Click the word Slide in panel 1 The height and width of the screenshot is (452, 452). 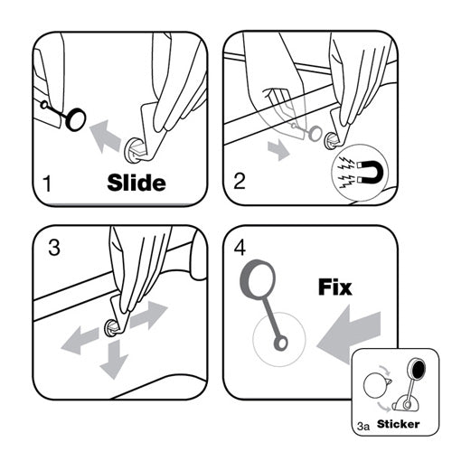tap(137, 183)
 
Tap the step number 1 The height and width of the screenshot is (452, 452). tap(47, 184)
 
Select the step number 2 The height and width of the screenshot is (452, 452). tap(240, 181)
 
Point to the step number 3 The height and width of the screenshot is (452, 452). tap(54, 248)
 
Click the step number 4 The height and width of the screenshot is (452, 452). tap(240, 248)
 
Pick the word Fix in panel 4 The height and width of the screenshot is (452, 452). tap(335, 287)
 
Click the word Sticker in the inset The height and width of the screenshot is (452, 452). tap(398, 424)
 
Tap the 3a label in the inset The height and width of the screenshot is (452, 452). tap(363, 426)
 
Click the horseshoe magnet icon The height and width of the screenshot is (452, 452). tap(371, 173)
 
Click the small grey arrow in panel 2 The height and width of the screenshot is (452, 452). tap(278, 149)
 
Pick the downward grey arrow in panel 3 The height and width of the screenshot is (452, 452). tap(115, 359)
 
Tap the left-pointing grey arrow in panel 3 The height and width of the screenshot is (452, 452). tap(80, 341)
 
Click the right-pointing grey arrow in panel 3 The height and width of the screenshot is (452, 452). tap(148, 315)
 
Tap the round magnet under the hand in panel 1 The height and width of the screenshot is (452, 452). tap(134, 150)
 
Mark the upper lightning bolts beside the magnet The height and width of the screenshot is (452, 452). tap(346, 164)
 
